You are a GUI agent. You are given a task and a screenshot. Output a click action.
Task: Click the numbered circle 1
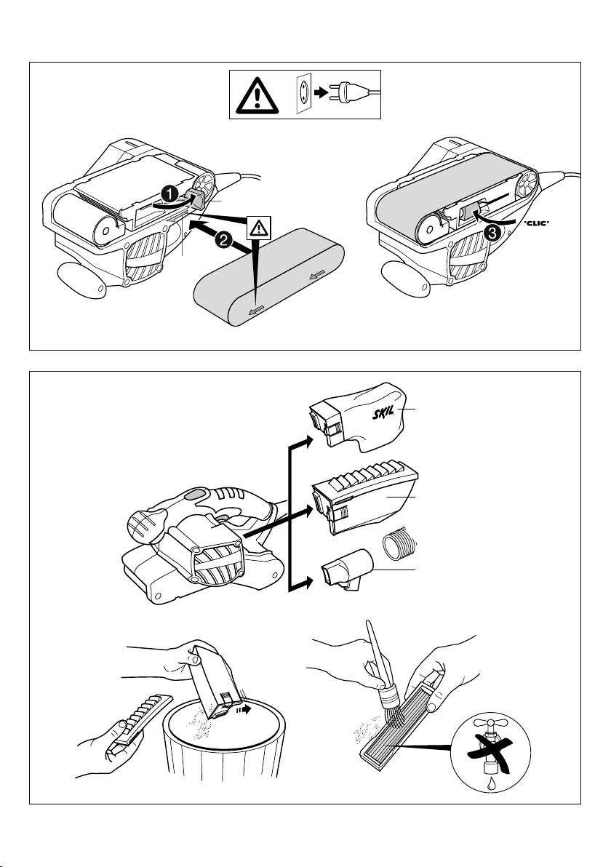pos(167,193)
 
